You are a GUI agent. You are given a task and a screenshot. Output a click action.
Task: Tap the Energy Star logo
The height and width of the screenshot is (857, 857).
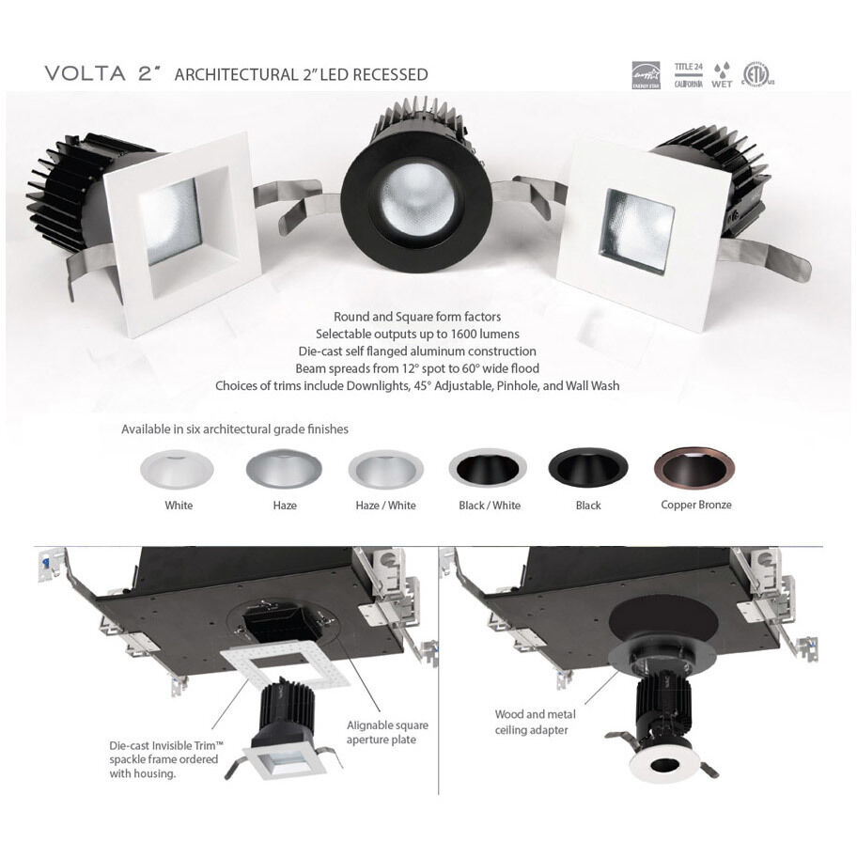point(647,74)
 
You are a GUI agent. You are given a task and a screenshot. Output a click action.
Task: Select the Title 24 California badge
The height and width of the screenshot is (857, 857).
point(689,74)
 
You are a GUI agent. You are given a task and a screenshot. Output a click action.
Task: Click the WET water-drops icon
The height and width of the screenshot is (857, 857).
point(722,74)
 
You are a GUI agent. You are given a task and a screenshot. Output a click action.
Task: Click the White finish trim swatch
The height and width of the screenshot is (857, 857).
point(178,468)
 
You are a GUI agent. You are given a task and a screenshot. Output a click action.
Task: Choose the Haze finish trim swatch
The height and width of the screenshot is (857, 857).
point(284,468)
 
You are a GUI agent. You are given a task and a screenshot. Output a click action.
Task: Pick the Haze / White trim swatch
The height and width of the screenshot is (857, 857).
point(385,468)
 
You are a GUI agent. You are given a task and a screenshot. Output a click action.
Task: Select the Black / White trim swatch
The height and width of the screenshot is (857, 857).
point(488,468)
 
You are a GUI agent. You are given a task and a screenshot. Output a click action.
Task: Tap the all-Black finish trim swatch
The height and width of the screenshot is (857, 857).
point(588,468)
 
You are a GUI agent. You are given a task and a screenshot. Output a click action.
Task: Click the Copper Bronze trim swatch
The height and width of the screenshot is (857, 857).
point(694,467)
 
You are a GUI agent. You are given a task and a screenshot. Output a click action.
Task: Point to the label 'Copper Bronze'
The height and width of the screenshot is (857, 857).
point(695,506)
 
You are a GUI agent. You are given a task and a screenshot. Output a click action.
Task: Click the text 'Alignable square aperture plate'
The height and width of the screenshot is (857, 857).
point(388,733)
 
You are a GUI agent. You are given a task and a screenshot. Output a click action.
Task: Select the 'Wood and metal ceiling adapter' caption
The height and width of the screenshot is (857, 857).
point(532,723)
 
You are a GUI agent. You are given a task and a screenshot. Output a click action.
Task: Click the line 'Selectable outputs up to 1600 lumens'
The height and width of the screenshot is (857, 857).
point(417,334)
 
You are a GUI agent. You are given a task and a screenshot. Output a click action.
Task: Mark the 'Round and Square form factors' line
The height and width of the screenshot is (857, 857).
point(417,317)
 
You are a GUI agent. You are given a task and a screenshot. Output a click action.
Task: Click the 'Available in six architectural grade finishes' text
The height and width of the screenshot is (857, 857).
point(235,429)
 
